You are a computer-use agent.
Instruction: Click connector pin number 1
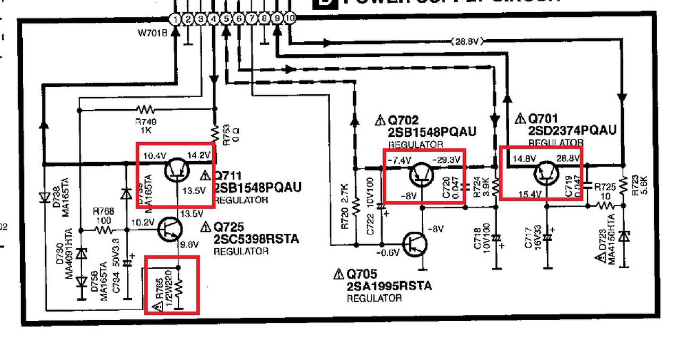[176, 20]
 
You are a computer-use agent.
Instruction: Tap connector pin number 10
[290, 19]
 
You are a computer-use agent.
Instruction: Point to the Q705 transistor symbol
[416, 243]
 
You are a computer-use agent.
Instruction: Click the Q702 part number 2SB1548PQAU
[432, 132]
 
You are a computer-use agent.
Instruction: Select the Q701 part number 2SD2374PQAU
[572, 130]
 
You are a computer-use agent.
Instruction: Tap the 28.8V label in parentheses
[465, 41]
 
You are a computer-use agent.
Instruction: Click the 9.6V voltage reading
[189, 245]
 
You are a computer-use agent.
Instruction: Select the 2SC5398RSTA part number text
[256, 239]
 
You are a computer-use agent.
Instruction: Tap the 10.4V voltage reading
[155, 156]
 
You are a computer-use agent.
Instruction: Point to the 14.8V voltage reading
[525, 158]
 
